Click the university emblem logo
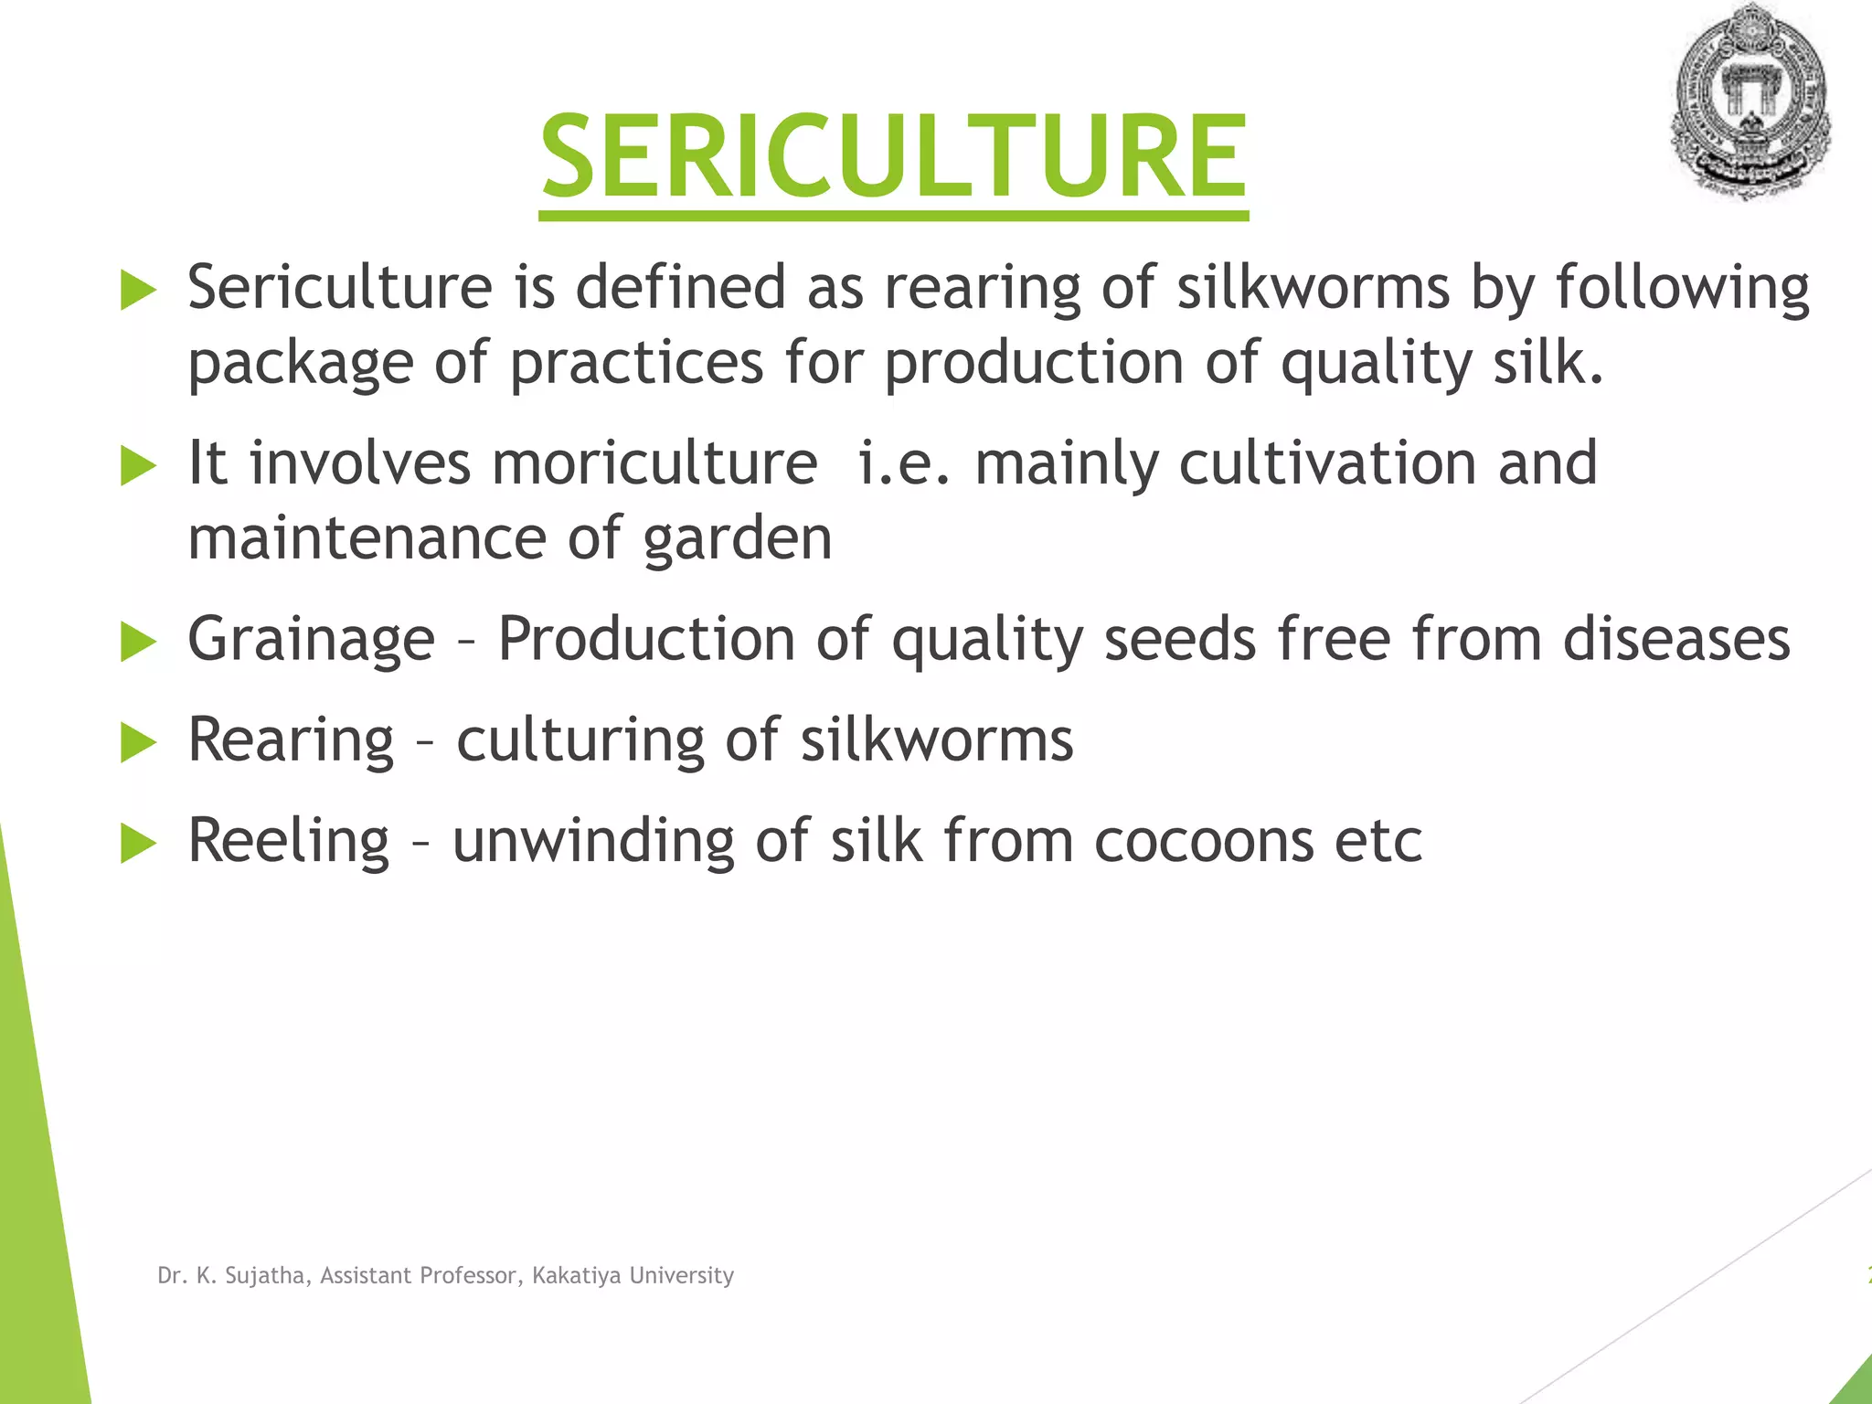(x=1750, y=101)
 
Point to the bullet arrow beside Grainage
(x=139, y=642)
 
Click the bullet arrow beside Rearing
(x=139, y=742)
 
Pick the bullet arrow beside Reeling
(x=139, y=843)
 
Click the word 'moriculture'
(x=654, y=463)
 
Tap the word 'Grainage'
(x=311, y=640)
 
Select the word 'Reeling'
(x=289, y=841)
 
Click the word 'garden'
(x=739, y=539)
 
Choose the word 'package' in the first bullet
(x=301, y=364)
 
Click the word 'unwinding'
(x=593, y=841)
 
